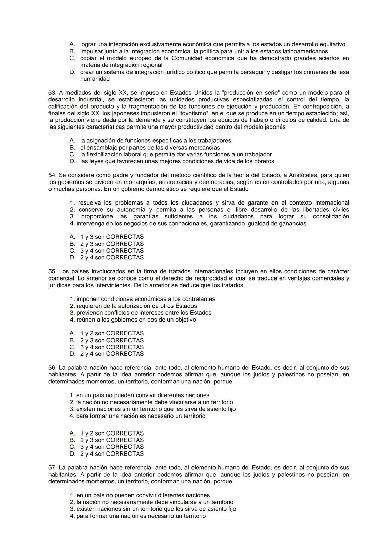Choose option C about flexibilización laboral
tap(176, 155)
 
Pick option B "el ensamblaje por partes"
tap(150, 148)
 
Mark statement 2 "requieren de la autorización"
tap(136, 306)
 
